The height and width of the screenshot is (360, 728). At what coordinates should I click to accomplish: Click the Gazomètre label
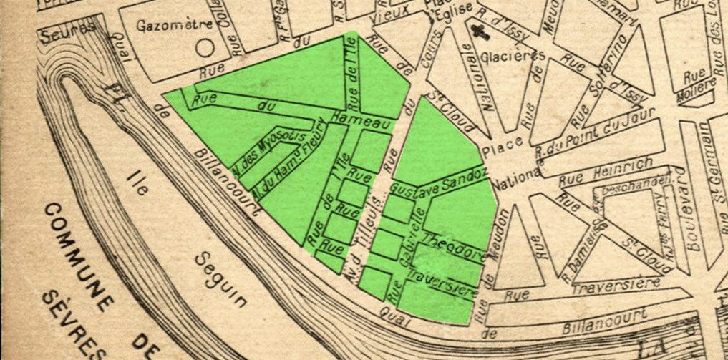(x=174, y=24)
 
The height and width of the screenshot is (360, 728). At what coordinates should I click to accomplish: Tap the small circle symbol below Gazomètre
(x=205, y=48)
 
